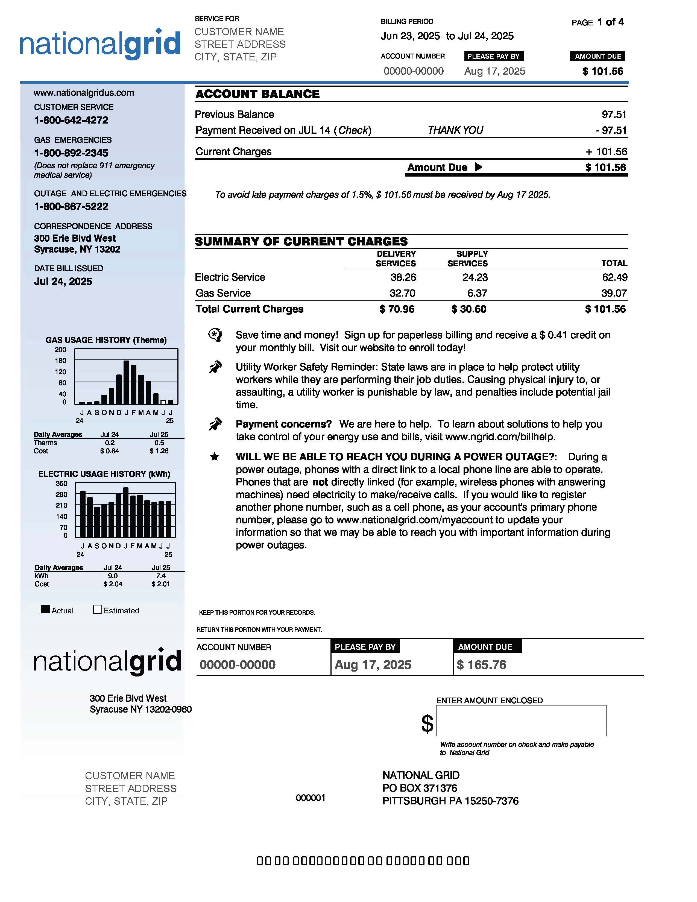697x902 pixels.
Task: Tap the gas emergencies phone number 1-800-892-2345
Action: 71,153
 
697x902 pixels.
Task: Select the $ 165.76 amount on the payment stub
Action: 481,664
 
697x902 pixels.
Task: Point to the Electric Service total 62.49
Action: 614,277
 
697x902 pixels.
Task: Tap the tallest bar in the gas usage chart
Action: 126,382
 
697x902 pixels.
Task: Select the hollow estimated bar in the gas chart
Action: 163,402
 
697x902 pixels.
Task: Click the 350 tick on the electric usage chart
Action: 61,483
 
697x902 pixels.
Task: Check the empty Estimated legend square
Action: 98,609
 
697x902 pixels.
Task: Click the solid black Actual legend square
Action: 45,609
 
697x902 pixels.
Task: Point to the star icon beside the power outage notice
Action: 214,457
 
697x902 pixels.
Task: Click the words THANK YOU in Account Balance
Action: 455,130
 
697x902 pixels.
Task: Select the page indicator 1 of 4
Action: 610,22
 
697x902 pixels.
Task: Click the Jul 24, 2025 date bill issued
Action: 63,282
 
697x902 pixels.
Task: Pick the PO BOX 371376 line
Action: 420,788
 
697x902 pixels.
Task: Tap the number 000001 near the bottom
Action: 311,798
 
